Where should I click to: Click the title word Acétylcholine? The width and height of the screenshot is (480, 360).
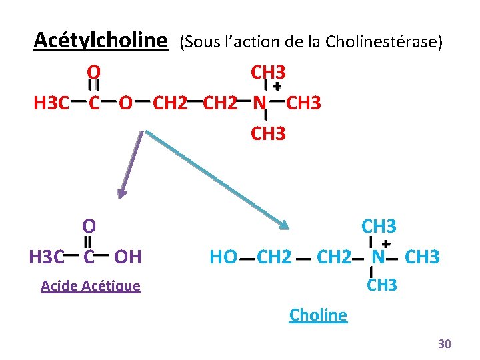coord(100,41)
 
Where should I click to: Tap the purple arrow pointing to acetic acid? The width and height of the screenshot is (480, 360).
coord(129,163)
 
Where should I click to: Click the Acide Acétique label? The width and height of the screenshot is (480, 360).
coord(90,286)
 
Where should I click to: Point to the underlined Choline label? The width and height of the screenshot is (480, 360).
coord(318,315)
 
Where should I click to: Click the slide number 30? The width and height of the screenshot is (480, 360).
coord(444,343)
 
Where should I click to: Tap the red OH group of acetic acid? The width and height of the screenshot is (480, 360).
coord(127,256)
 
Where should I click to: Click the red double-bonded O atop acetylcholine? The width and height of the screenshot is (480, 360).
coord(94,71)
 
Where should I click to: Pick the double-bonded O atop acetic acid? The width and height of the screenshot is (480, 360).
coord(89,226)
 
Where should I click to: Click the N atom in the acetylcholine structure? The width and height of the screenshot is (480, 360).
coord(260,103)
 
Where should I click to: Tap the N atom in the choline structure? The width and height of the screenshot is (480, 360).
coord(379,257)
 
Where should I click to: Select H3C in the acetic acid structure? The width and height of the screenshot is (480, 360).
coord(47,256)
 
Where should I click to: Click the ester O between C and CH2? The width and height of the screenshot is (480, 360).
coord(125,103)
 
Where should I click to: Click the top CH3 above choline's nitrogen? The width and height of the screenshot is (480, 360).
coord(379,226)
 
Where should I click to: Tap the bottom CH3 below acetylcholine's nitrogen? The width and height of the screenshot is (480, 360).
coord(268,133)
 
